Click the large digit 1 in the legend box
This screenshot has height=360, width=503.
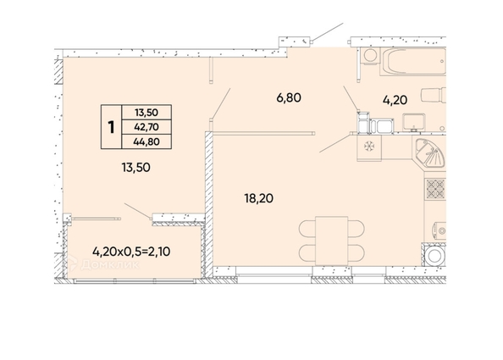111,127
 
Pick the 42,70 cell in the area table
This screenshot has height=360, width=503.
146,127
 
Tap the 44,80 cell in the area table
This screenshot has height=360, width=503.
146,142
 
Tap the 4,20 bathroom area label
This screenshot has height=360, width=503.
395,99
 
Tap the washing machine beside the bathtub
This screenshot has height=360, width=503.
370,55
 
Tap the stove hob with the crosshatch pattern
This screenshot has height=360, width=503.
434,189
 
